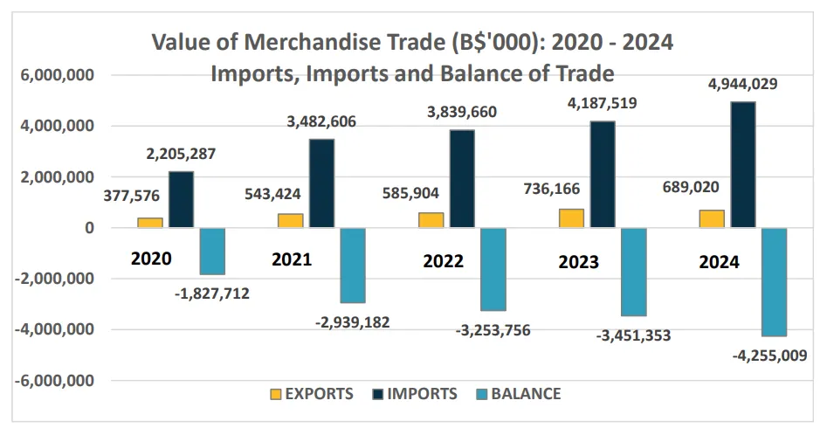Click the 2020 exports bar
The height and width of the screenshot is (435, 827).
[x=150, y=223]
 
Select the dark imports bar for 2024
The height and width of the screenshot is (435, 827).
[x=743, y=165]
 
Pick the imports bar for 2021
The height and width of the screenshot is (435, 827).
[x=321, y=183]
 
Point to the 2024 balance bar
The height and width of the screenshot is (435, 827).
[x=774, y=281]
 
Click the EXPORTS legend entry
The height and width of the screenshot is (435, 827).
[x=314, y=394]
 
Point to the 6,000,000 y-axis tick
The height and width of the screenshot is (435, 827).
[x=57, y=76]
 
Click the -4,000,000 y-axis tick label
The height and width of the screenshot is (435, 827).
[x=54, y=330]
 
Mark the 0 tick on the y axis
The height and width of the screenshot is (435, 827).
[x=90, y=229]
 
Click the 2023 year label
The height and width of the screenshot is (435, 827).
[x=579, y=262]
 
